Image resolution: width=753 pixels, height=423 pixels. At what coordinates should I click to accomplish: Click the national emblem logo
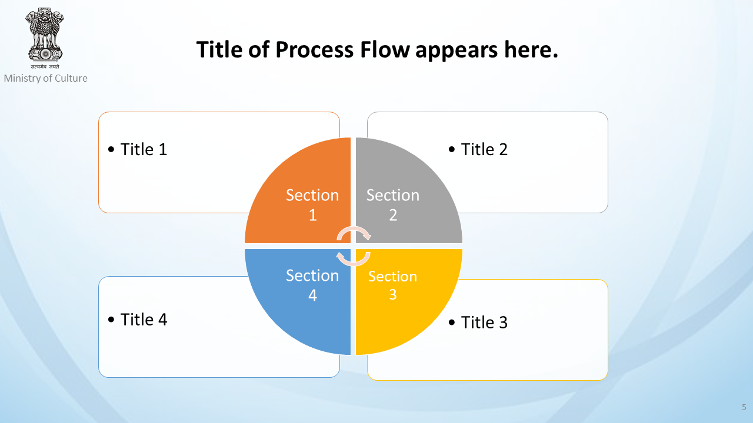click(x=45, y=38)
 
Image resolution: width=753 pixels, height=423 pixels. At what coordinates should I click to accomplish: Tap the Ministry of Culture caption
click(x=46, y=78)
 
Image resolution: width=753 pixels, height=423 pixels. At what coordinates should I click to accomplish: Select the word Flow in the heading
click(x=385, y=50)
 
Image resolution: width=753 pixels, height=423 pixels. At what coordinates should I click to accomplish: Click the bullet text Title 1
click(x=144, y=149)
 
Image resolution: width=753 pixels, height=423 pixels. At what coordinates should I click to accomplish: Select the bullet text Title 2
click(x=484, y=149)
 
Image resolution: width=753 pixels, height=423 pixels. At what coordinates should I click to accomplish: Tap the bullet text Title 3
click(x=484, y=323)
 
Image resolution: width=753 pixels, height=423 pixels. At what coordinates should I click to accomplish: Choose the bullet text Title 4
click(x=144, y=319)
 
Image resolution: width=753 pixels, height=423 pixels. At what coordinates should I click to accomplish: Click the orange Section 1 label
click(x=312, y=205)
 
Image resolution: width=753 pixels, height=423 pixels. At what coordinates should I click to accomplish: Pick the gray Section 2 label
click(x=392, y=205)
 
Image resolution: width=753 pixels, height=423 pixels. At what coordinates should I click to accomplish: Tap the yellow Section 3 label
click(x=392, y=286)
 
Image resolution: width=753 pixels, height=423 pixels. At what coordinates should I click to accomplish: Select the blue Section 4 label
click(x=312, y=286)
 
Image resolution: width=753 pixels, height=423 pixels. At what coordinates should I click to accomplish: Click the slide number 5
click(x=744, y=407)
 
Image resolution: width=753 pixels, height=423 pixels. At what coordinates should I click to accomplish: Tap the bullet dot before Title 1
click(x=111, y=150)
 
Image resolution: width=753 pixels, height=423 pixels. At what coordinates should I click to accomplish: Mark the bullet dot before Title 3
click(x=452, y=323)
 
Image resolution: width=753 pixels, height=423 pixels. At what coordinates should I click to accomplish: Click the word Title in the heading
click(x=219, y=50)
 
